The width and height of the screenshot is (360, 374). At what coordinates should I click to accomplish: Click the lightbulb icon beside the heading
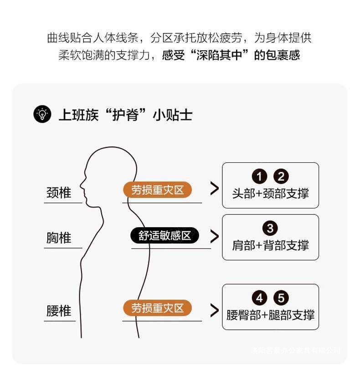[x=42, y=114]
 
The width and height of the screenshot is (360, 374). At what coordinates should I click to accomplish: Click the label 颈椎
[x=59, y=193]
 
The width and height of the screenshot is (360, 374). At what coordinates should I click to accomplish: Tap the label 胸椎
[x=59, y=238]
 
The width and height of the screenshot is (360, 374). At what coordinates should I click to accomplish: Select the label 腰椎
[x=59, y=311]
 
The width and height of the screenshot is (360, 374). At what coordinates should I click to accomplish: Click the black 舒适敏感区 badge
[x=165, y=236]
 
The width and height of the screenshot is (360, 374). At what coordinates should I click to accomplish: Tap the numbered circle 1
[x=259, y=177]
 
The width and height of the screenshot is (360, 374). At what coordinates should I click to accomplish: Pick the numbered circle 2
[x=281, y=177]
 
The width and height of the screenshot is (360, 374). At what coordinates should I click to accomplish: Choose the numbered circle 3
[x=270, y=229]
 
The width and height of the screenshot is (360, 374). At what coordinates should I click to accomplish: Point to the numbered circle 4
[x=259, y=298]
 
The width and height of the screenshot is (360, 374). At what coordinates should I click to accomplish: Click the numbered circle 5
[x=281, y=298]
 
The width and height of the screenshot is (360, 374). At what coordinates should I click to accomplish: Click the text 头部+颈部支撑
[x=270, y=193]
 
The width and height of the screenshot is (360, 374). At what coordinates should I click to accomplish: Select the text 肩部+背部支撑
[x=270, y=245]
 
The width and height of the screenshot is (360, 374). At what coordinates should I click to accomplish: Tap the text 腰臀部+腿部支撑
[x=270, y=315]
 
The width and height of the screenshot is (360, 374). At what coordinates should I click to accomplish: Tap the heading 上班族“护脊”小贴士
[x=125, y=114]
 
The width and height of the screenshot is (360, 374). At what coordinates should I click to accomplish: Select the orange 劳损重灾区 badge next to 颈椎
[x=157, y=190]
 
